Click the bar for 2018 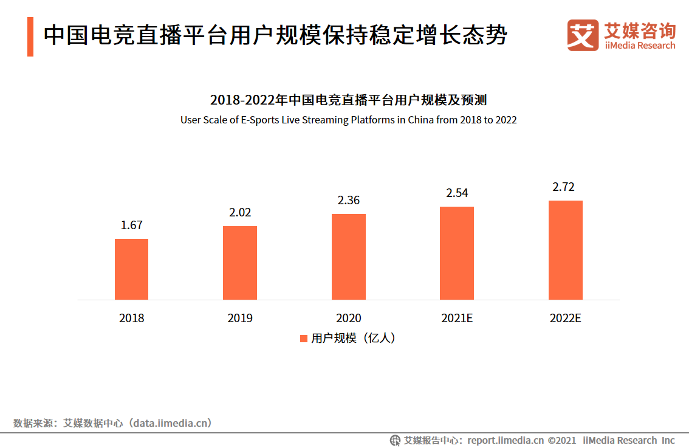[131, 269]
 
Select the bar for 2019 [240, 263]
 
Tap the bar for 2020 [349, 257]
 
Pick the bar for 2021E [457, 253]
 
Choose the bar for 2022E [566, 250]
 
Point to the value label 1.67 [131, 225]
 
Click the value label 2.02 [240, 213]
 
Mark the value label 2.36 [349, 200]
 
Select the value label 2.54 [457, 193]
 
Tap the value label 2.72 [563, 187]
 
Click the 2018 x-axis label [131, 318]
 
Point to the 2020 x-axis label [349, 318]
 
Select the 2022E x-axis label [566, 318]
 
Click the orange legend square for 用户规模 [304, 339]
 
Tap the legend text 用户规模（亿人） [353, 339]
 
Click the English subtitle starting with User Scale [348, 120]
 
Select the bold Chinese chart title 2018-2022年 [348, 100]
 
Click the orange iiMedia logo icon [583, 35]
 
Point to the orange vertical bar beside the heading [30, 36]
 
